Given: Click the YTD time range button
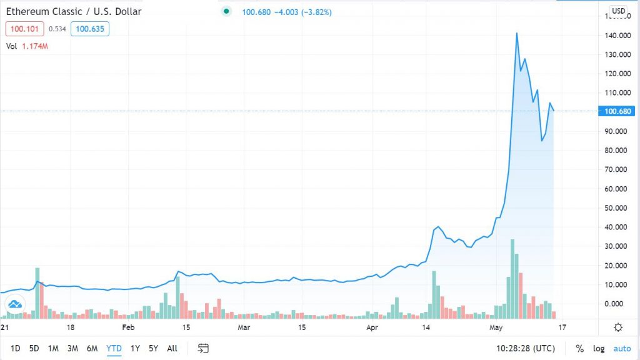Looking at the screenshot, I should pos(113,348).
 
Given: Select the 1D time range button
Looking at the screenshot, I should pos(16,348).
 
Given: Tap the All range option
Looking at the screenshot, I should pos(172,348).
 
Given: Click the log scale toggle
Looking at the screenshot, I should pos(599,348).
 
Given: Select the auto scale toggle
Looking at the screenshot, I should pos(622,348).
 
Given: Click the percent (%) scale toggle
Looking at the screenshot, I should pos(580,348).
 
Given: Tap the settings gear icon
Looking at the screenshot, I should pos(618,327).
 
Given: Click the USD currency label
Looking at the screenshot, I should pos(618,11).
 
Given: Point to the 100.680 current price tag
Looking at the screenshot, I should pos(618,111).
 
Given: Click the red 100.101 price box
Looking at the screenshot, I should pos(24,28).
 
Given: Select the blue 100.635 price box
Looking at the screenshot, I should pos(89,28).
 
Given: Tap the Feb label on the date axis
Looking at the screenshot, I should pos(128,327).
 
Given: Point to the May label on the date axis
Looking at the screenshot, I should pos(496,327).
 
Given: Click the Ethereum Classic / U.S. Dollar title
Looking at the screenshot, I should pos(74,11).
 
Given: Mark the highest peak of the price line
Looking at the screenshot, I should pos(517,33).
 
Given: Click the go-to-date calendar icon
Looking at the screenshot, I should pos(202,348).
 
